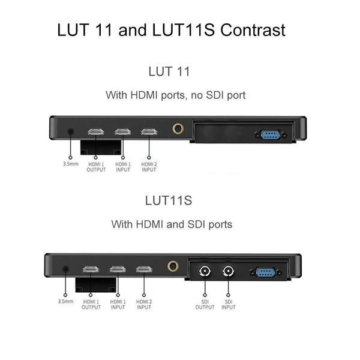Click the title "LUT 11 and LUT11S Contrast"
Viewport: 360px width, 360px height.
click(x=171, y=30)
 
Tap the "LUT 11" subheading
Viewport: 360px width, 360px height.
click(x=169, y=71)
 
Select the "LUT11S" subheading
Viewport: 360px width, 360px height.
click(x=169, y=200)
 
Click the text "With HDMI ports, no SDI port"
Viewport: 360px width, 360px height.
click(x=175, y=95)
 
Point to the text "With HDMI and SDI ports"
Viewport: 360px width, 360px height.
click(x=172, y=224)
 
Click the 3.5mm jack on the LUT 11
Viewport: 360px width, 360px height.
click(x=71, y=132)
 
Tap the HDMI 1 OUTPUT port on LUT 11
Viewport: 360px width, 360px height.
click(x=96, y=132)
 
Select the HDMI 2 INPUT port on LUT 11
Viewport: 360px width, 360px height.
click(x=148, y=132)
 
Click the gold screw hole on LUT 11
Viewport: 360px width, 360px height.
click(x=178, y=128)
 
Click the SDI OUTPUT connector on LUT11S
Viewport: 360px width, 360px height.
click(x=205, y=271)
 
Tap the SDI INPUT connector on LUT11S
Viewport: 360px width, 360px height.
click(x=228, y=271)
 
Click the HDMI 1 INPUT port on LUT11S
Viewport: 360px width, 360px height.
click(x=118, y=269)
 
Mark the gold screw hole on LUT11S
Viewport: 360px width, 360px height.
click(x=173, y=266)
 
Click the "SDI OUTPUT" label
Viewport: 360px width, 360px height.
click(x=205, y=304)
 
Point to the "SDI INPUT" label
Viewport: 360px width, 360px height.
click(x=228, y=304)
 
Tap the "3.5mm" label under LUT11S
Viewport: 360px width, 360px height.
click(x=65, y=301)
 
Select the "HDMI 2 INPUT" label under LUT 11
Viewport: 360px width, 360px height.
click(x=148, y=167)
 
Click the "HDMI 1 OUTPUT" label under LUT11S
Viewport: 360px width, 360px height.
click(x=91, y=304)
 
